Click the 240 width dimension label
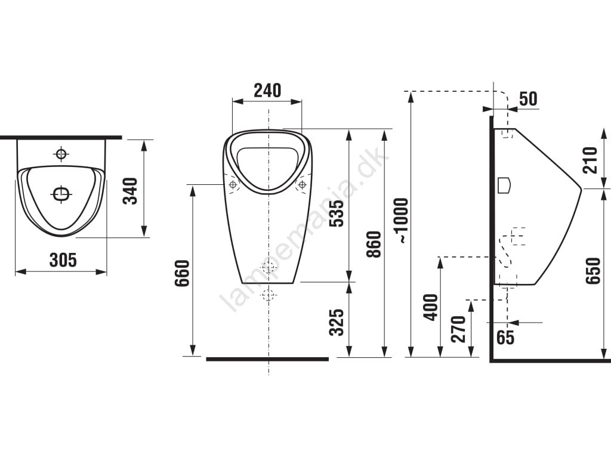click(267, 91)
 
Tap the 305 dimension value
click(63, 260)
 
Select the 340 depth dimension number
click(131, 191)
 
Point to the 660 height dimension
click(182, 273)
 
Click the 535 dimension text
click(337, 213)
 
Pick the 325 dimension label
click(337, 322)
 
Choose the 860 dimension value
click(374, 244)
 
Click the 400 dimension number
click(431, 308)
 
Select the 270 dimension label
click(458, 329)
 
